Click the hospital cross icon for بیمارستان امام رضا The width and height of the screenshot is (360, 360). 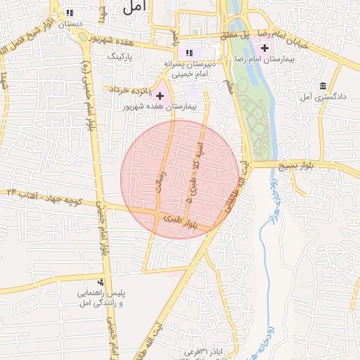pyautogui.click(x=264, y=49)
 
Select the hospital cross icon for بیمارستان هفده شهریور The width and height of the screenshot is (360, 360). pyautogui.click(x=160, y=95)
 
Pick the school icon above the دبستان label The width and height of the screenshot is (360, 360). pyautogui.click(x=69, y=13)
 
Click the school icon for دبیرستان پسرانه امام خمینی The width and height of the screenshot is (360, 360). pyautogui.click(x=188, y=53)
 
